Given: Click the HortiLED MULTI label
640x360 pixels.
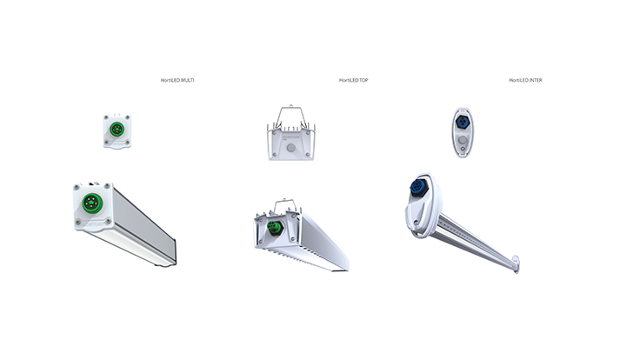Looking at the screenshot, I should [x=177, y=80].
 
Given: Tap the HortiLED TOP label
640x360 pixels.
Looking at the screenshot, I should [x=354, y=80].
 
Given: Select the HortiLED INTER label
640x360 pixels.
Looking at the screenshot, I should [x=525, y=80].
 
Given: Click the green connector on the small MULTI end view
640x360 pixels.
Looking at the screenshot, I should [x=117, y=128].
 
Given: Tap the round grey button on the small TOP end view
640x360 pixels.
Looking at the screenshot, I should [x=290, y=148].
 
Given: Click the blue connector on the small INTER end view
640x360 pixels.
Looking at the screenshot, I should [x=462, y=121].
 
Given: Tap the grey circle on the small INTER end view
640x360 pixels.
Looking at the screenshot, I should [x=462, y=140].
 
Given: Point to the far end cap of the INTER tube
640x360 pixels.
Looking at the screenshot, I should [x=517, y=262].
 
